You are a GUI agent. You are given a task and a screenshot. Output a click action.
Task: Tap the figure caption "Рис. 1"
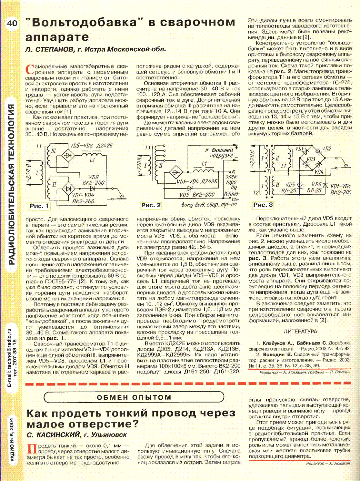click(39, 206)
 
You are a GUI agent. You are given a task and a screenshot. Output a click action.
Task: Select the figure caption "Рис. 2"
click(151, 205)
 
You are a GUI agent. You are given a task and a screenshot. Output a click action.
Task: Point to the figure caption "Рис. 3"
click(263, 205)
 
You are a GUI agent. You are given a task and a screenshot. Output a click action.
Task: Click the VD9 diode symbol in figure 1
click(93, 189)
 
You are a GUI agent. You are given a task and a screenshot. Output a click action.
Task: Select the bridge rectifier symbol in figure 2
click(176, 172)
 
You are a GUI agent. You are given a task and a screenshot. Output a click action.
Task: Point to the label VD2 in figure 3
click(326, 148)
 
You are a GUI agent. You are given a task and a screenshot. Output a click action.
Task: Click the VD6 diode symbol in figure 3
click(325, 186)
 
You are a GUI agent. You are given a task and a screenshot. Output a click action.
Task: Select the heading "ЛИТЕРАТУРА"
click(300, 331)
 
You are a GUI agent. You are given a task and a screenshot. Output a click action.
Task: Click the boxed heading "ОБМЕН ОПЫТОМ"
click(134, 397)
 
